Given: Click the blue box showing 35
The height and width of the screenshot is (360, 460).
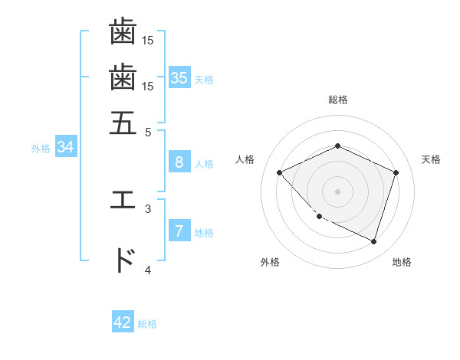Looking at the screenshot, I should [x=179, y=77].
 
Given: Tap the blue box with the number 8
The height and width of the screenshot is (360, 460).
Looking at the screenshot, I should [x=179, y=162].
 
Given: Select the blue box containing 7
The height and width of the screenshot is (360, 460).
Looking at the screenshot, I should [x=179, y=231].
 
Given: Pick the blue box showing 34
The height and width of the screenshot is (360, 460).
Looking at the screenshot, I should [x=65, y=147].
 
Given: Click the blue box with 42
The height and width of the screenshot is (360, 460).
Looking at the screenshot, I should [x=123, y=322].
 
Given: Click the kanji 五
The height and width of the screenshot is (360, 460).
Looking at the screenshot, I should [x=123, y=122].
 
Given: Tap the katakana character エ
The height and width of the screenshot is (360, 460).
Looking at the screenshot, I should [x=123, y=200].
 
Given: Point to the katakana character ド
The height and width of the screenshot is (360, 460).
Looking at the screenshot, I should [x=123, y=260].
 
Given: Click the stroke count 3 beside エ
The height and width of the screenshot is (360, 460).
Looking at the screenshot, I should [x=148, y=208].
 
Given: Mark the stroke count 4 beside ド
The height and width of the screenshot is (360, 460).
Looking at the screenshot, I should [x=148, y=270].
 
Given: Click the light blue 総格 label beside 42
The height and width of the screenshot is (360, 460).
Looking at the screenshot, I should [x=147, y=324].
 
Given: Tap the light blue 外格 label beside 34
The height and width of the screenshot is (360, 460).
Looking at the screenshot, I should [x=41, y=149].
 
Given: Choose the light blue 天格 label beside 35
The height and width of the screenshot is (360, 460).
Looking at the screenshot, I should [x=204, y=79].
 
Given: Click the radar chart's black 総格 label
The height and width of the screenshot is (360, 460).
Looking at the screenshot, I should [x=338, y=100].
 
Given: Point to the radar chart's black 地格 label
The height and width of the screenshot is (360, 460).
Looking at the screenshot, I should [x=402, y=262].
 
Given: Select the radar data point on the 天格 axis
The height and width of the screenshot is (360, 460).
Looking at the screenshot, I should [x=396, y=172].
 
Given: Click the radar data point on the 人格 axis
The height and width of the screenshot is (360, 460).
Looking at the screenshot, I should [x=280, y=172].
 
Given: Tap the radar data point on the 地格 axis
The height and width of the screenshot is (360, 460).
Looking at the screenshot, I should [x=373, y=241].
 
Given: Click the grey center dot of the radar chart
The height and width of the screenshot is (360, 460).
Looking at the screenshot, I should [x=338, y=191].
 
